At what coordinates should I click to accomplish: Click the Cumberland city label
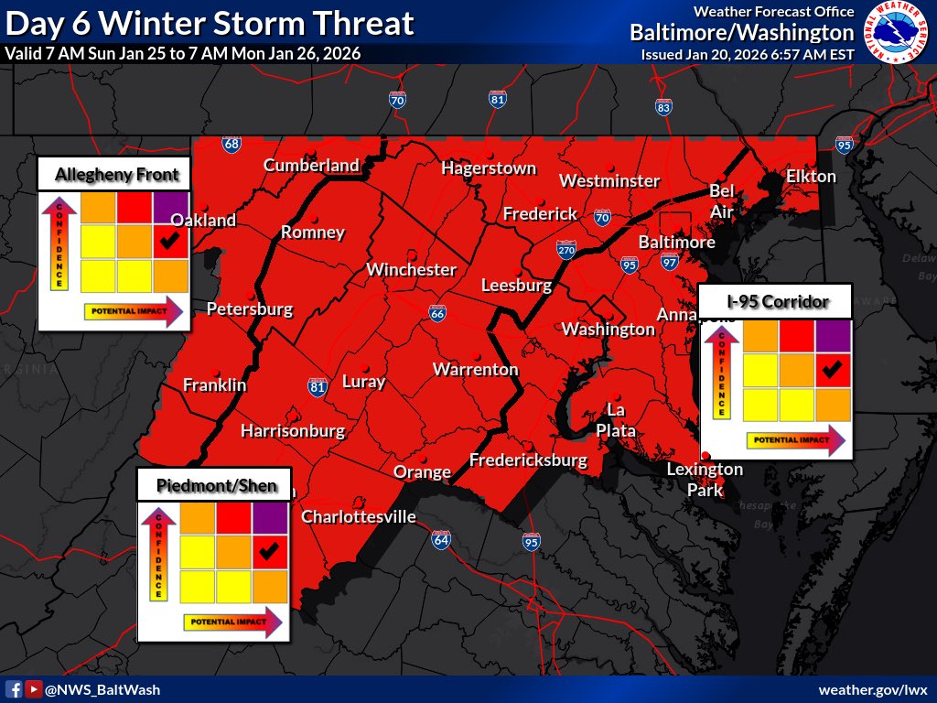point(311,166)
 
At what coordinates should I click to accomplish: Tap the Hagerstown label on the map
point(488,168)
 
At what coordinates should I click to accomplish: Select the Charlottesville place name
point(359,517)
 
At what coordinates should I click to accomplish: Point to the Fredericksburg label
point(528,460)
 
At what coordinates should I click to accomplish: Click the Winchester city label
point(411,270)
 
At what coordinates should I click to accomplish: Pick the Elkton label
point(811,176)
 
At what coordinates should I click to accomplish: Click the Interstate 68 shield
point(232,145)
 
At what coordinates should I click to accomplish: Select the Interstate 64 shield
point(441,539)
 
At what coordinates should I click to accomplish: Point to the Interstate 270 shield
point(566,251)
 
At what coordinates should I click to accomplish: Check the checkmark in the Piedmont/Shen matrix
point(268,551)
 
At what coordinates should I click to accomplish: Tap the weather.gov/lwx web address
point(873,689)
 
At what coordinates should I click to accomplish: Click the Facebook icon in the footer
point(14,689)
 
